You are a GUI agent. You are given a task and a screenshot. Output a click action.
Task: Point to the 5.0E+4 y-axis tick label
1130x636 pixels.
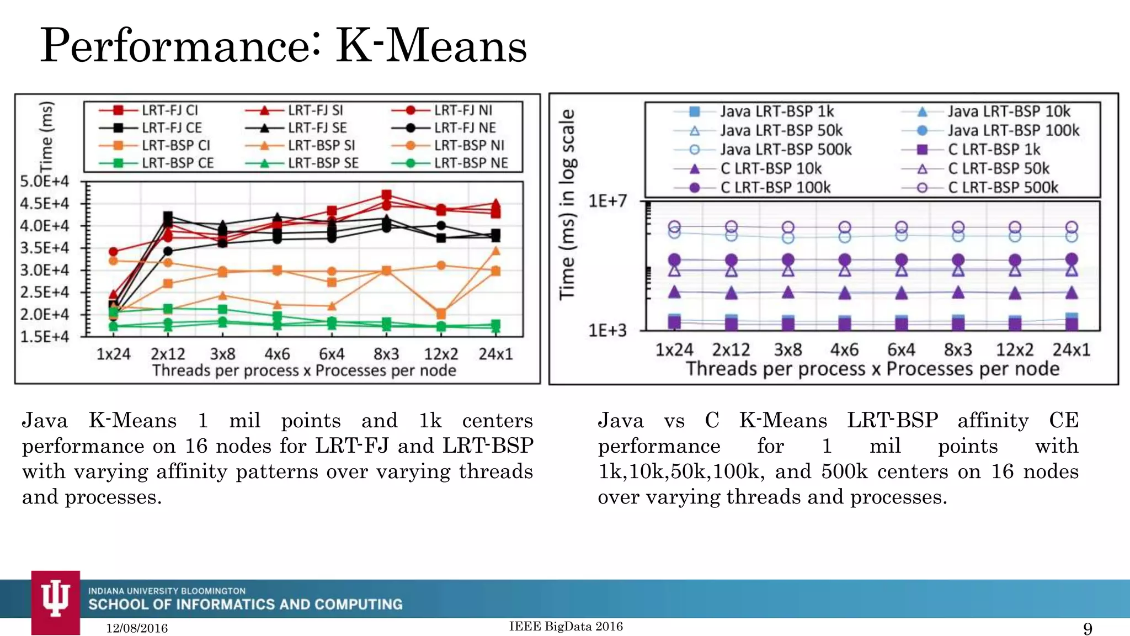pyautogui.click(x=45, y=182)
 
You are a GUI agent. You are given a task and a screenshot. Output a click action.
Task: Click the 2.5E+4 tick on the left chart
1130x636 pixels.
pyautogui.click(x=45, y=292)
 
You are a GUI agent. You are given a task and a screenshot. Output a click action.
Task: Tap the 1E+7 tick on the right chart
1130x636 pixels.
pyautogui.click(x=607, y=201)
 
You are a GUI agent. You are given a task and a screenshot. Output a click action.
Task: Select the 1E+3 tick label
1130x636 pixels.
pyautogui.click(x=607, y=331)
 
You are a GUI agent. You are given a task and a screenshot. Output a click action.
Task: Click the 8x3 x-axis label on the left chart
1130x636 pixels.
pyautogui.click(x=386, y=354)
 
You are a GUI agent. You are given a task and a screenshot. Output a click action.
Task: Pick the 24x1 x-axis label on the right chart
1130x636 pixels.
pyautogui.click(x=1071, y=350)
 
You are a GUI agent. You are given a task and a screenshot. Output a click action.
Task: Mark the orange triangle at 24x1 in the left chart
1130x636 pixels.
pyautogui.click(x=495, y=251)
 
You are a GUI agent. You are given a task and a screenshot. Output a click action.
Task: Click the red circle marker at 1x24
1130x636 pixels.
pyautogui.click(x=114, y=252)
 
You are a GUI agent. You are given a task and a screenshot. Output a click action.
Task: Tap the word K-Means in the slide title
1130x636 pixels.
pyautogui.click(x=431, y=46)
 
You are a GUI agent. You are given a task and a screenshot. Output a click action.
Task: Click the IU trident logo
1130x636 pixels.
pyautogui.click(x=55, y=598)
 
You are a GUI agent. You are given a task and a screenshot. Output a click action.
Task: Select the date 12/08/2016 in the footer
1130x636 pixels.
pyautogui.click(x=137, y=628)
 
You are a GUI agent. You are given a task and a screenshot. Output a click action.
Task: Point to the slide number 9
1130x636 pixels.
pyautogui.click(x=1088, y=628)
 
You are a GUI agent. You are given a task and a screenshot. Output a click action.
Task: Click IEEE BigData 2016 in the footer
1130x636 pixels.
pyautogui.click(x=566, y=626)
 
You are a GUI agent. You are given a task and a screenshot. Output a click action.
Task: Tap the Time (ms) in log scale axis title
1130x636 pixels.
pyautogui.click(x=568, y=204)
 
